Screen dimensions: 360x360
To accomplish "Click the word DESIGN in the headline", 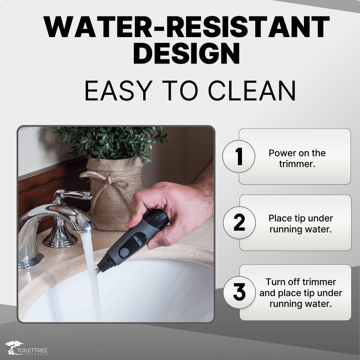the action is point(186,53).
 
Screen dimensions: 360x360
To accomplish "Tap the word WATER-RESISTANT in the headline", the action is point(186,26).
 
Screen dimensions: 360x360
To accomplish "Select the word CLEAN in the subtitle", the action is point(252,90).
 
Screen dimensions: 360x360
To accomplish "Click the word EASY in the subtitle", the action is point(118,90).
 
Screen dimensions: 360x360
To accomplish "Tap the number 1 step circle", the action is point(239,156).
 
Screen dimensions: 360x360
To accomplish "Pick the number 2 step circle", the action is point(239,222).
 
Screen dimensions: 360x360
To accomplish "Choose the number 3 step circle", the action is point(239,292).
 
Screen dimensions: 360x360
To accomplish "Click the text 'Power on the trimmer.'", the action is point(297,158).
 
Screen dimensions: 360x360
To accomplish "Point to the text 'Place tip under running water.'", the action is point(300,223).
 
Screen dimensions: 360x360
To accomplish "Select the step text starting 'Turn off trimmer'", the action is point(300,292).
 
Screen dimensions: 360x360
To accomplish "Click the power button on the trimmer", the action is point(124,252).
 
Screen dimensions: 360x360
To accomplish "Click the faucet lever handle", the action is point(74,194).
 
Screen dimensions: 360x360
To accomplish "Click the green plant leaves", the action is point(110,143).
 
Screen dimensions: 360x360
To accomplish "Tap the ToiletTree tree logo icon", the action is point(14,346).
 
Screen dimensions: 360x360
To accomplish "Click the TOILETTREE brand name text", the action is point(32,350).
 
